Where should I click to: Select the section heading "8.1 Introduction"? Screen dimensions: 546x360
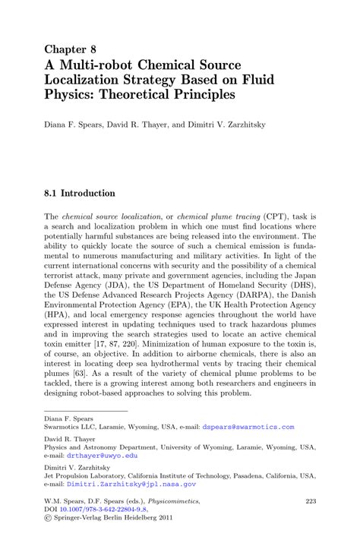(79, 193)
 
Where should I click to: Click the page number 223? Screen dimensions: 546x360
(310, 501)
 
